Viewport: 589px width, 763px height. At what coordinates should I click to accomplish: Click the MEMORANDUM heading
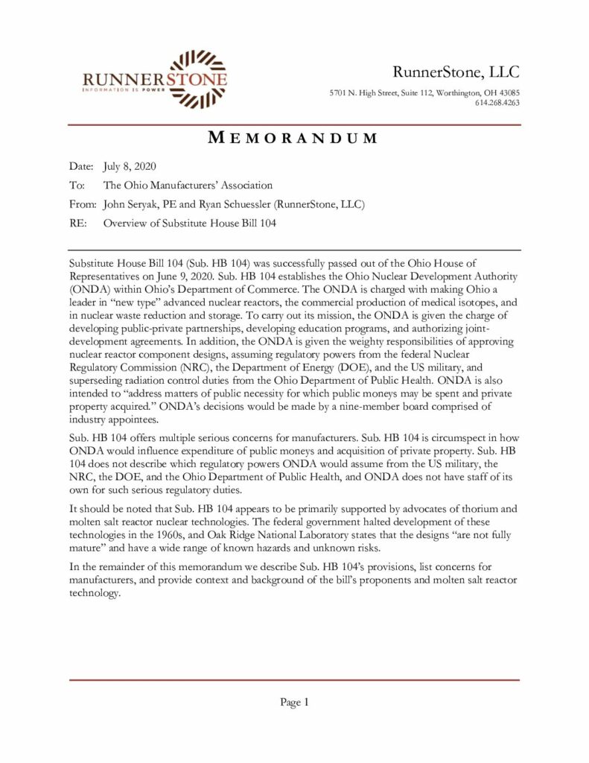point(293,138)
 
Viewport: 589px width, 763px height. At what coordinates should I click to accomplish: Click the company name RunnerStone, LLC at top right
point(456,72)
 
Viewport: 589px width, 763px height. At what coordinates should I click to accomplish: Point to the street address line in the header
point(424,93)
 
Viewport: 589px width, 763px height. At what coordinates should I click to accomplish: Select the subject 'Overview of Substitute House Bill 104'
point(190,223)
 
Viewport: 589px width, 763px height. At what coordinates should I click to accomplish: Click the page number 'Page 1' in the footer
point(294,702)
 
